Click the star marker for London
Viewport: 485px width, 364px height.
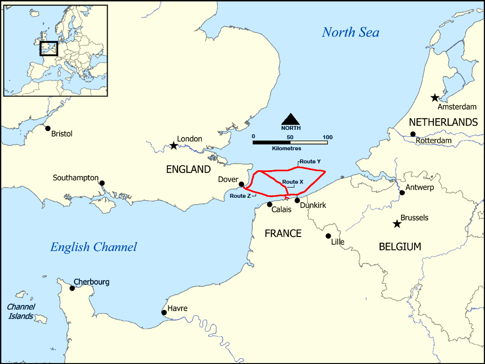pyautogui.click(x=174, y=145)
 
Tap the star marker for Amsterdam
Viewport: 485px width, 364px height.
pyautogui.click(x=435, y=98)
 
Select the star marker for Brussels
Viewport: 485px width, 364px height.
pyautogui.click(x=397, y=224)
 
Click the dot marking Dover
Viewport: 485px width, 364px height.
pyautogui.click(x=242, y=184)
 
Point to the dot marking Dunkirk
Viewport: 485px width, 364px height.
pyautogui.click(x=297, y=200)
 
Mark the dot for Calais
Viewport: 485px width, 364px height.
pyautogui.click(x=270, y=205)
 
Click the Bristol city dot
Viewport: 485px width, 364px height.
pyautogui.click(x=48, y=128)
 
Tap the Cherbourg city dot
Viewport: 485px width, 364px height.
pyautogui.click(x=72, y=288)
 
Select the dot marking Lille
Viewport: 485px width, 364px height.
pyautogui.click(x=329, y=236)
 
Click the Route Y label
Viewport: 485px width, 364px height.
pyautogui.click(x=310, y=161)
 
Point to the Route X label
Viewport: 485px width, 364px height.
pyautogui.click(x=293, y=182)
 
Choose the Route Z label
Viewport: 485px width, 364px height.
pyautogui.click(x=241, y=196)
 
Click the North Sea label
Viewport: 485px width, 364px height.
pyautogui.click(x=350, y=32)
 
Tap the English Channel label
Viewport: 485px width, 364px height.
pyautogui.click(x=94, y=247)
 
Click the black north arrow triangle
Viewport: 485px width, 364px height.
pyautogui.click(x=291, y=119)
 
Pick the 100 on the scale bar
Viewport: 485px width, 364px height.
pyautogui.click(x=327, y=137)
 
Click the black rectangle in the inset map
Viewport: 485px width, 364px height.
pyautogui.click(x=48, y=48)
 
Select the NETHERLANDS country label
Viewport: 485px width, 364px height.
pyautogui.click(x=443, y=122)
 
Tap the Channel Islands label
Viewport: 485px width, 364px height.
pyautogui.click(x=20, y=312)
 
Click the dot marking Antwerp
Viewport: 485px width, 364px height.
pyautogui.click(x=402, y=193)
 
